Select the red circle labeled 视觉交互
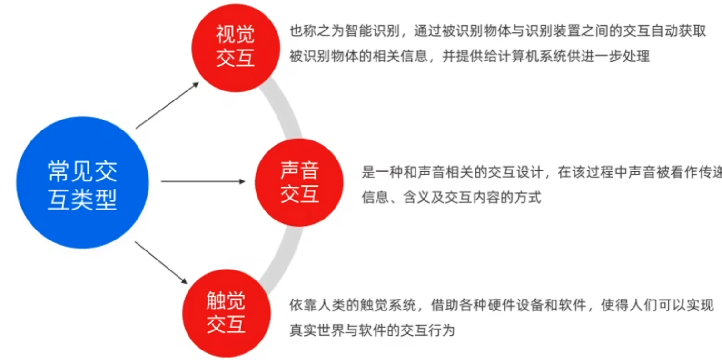click(235, 46)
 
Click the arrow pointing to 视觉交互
click(167, 105)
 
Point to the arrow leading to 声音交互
click(203, 181)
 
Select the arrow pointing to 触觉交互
click(162, 263)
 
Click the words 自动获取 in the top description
click(681, 32)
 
